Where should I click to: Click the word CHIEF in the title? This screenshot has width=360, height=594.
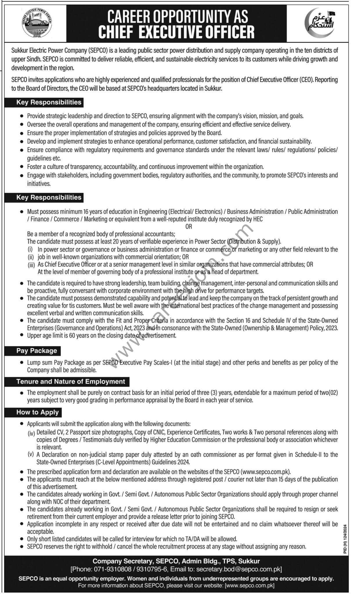(x=116, y=32)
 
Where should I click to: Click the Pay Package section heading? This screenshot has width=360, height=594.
(x=37, y=351)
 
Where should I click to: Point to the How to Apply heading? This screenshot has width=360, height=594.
(x=37, y=412)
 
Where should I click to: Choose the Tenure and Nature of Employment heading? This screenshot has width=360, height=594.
(x=71, y=382)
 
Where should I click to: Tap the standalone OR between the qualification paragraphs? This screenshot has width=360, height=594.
(x=189, y=227)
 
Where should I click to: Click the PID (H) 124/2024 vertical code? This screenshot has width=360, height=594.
(x=345, y=539)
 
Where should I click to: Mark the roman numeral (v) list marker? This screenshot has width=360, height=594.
(x=31, y=454)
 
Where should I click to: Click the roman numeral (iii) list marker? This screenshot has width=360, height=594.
(x=31, y=265)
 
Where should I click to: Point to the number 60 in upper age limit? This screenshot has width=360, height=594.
(x=73, y=336)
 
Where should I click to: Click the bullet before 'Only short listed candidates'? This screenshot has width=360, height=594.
(x=21, y=539)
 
